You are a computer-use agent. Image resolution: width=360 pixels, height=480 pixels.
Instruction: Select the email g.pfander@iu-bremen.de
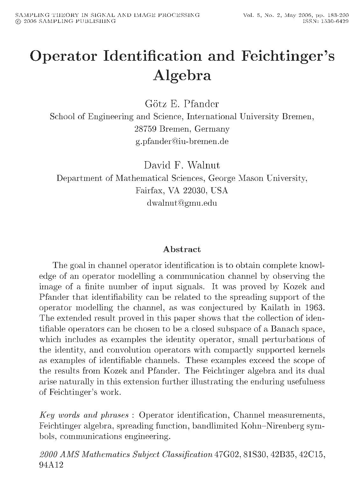pyautogui.click(x=182, y=141)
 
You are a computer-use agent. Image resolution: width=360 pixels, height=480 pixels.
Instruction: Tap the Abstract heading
pyautogui.click(x=182, y=250)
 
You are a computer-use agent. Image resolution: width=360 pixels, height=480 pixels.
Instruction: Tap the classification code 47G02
pyautogui.click(x=227, y=455)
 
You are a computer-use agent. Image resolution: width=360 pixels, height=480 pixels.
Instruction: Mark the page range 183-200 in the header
pyautogui.click(x=337, y=15)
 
